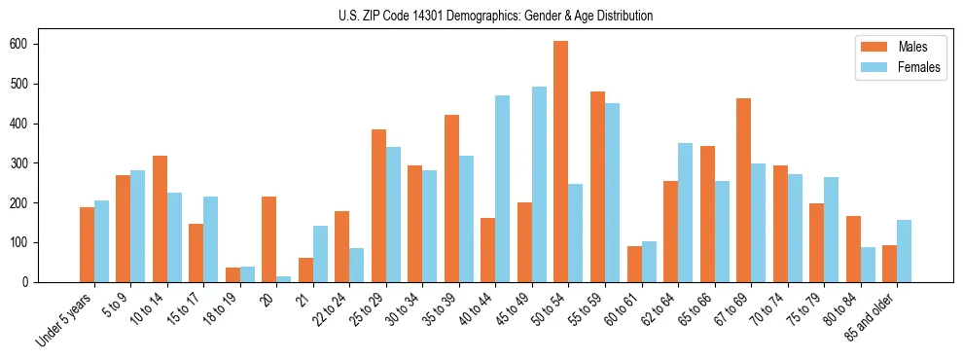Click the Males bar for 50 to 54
pos(561,162)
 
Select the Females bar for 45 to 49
pos(539,185)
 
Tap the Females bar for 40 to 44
pos(502,189)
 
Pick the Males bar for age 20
pos(268,239)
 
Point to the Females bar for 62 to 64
pos(685,212)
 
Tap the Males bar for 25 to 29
pos(378,205)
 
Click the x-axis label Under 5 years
pos(66,317)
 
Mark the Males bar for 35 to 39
pos(451,198)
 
